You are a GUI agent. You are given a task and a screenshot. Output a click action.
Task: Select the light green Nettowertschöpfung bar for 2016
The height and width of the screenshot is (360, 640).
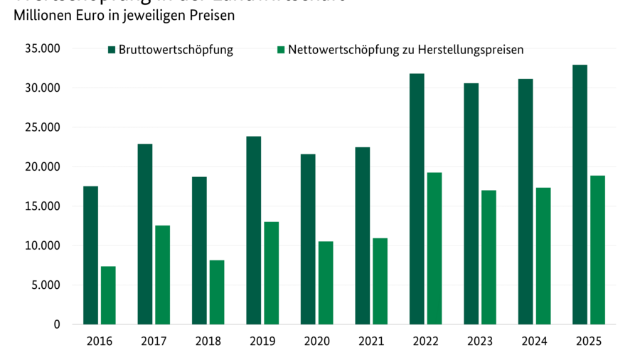(x=108, y=295)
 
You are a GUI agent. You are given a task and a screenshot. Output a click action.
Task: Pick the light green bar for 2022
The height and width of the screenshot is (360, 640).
(x=434, y=248)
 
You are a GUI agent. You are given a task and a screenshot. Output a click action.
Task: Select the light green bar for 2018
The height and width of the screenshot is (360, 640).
(x=217, y=292)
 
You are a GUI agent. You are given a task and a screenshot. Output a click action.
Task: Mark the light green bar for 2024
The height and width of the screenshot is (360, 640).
(x=543, y=255)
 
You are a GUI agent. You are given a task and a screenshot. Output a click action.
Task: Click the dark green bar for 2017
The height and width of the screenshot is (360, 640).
(x=145, y=234)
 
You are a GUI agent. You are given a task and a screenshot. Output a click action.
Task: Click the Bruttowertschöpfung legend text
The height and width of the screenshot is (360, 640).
(x=176, y=50)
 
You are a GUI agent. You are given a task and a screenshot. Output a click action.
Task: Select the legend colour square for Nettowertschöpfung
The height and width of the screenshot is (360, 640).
(x=281, y=50)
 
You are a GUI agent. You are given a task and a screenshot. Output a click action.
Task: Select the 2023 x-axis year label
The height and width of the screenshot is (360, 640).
(x=479, y=342)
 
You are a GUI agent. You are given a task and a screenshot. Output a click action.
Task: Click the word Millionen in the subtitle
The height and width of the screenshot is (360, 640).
(x=41, y=15)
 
